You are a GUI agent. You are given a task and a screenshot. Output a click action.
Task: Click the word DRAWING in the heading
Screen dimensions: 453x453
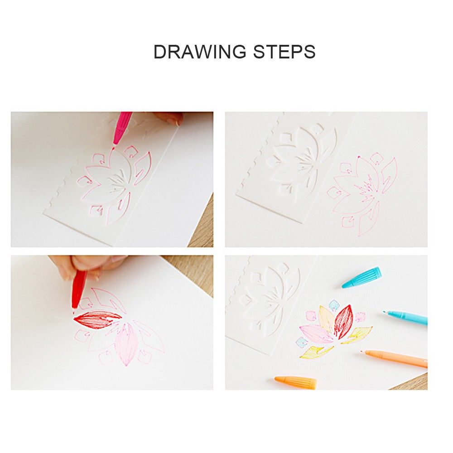pos(200,52)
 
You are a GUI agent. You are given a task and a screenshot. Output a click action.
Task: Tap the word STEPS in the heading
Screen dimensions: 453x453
pos(284,52)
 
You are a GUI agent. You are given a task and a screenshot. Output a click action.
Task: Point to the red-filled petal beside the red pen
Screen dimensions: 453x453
pos(98,319)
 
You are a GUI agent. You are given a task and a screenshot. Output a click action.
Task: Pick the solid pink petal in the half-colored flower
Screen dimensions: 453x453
pos(126,344)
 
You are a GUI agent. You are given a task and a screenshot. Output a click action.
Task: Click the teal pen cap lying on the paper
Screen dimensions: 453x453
pos(361,277)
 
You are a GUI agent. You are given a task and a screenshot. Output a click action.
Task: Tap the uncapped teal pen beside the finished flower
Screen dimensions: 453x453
pos(405,318)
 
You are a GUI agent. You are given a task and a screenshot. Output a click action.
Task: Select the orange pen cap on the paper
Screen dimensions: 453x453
pos(295,382)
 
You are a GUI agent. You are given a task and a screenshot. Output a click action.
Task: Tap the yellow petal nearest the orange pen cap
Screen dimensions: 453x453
pos(316,352)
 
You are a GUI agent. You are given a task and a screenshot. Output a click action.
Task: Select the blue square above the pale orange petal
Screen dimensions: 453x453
pos(334,304)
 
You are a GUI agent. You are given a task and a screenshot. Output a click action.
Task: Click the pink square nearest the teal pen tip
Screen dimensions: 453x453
pos(360,317)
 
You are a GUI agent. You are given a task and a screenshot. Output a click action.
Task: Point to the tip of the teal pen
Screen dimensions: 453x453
pos(385,312)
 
